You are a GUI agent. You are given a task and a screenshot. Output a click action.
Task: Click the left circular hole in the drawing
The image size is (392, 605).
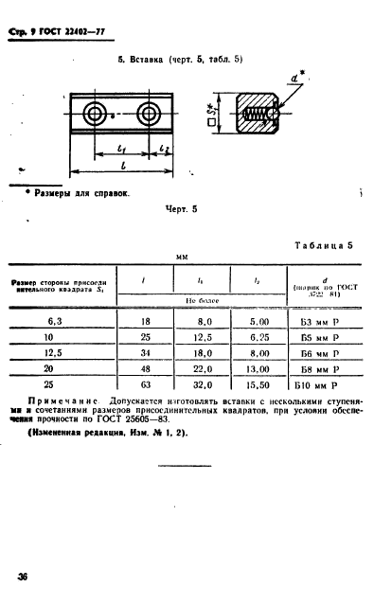95,115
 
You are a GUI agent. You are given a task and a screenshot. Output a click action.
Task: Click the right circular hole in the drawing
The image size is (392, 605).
149,115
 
